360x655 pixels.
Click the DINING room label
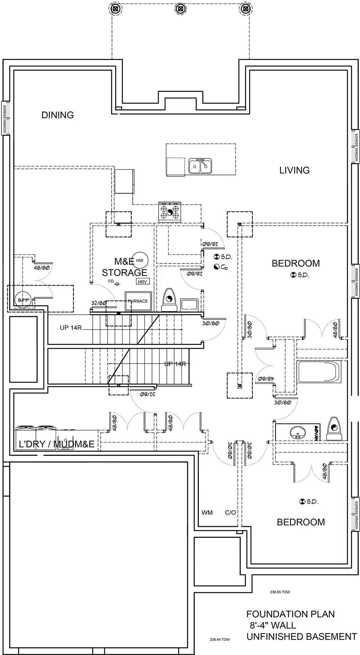(x=57, y=115)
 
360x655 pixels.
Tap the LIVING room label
(x=294, y=170)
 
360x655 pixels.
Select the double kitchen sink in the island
(x=200, y=166)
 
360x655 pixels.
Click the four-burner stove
(x=169, y=212)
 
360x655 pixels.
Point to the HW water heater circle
(x=140, y=261)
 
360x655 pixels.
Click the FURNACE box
(x=138, y=301)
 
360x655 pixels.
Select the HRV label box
(x=143, y=281)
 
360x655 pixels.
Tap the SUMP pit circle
(x=23, y=300)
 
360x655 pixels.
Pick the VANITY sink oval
(x=298, y=433)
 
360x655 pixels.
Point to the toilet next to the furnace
(x=169, y=300)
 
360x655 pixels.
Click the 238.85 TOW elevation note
(x=280, y=592)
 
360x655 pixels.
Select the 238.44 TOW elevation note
(x=220, y=639)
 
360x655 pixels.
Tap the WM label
(x=207, y=513)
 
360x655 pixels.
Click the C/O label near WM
(x=230, y=513)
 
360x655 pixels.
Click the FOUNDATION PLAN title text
(x=290, y=614)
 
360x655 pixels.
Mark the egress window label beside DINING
(x=5, y=118)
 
